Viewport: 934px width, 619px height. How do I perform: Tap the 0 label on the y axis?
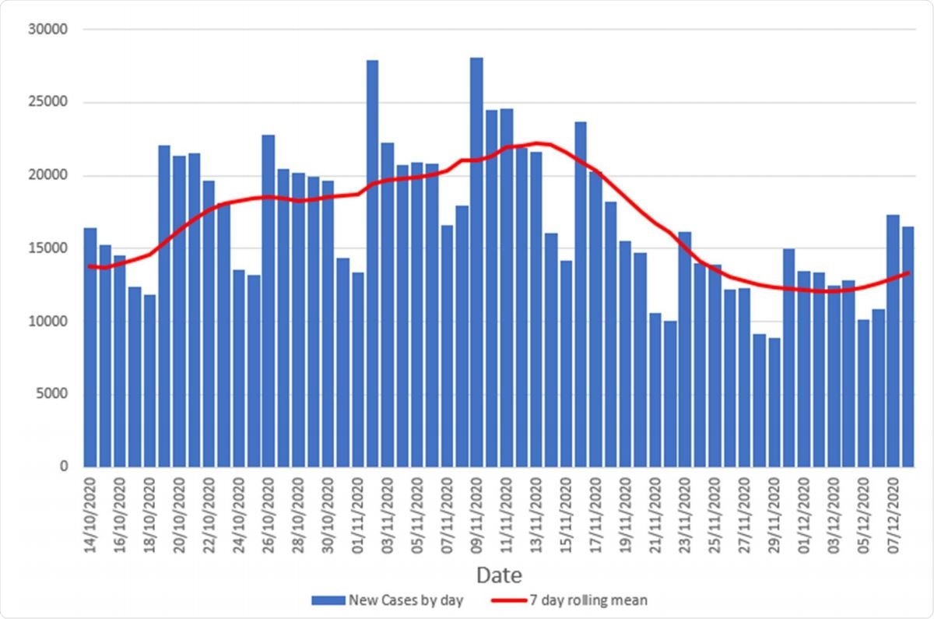(65, 466)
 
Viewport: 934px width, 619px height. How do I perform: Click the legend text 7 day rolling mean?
(597, 600)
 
